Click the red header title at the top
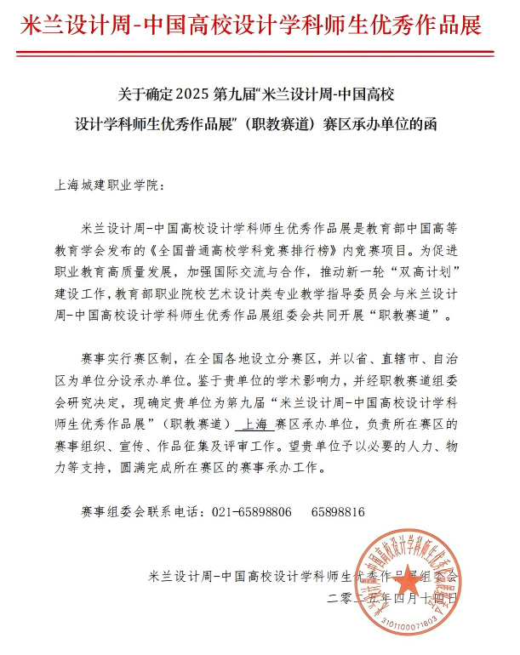pyautogui.click(x=260, y=24)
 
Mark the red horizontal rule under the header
pyautogui.click(x=260, y=52)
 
